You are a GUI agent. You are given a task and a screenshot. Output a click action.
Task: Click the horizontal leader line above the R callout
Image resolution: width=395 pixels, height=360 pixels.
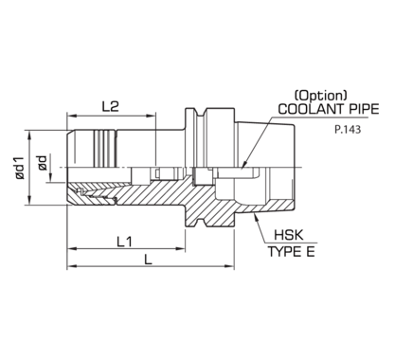[x=303, y=117]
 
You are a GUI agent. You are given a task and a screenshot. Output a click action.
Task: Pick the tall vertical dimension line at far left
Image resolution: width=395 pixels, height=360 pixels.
[x=34, y=166]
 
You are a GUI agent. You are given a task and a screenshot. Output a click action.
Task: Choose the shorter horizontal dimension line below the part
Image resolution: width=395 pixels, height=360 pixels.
[x=128, y=249]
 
